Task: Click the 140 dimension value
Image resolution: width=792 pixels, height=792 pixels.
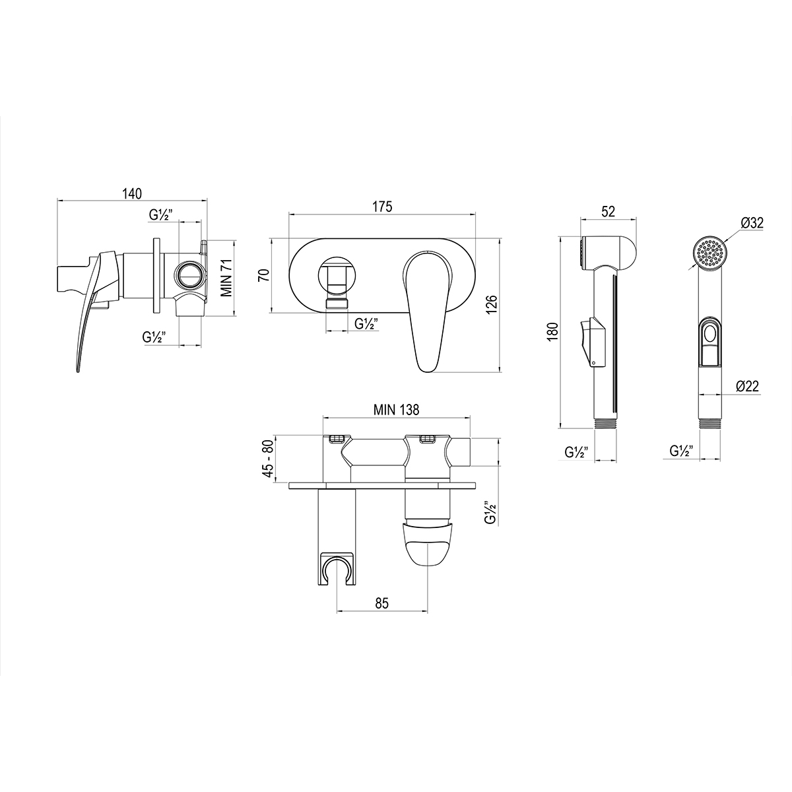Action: coord(132,193)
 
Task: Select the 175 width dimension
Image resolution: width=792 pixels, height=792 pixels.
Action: coord(382,207)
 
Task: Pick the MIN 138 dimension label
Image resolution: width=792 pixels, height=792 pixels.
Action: coord(396,409)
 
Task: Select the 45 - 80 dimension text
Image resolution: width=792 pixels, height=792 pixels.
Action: coord(267,460)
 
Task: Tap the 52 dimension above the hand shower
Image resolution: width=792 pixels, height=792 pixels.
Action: coord(608,211)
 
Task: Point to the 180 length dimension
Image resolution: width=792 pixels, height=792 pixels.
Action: coord(553,330)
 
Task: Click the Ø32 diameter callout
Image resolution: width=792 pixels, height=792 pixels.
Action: coord(752,223)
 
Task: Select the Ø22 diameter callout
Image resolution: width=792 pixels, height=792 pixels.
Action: coord(749,387)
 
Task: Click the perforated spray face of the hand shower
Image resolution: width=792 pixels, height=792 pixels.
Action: coord(709,252)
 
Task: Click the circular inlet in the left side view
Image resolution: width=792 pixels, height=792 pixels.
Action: coord(189,275)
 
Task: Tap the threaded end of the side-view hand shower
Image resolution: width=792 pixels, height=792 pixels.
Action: coord(606,422)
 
